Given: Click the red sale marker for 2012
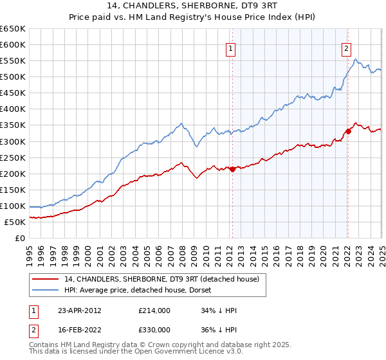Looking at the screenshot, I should point(232,169).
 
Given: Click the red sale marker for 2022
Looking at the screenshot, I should point(348,131).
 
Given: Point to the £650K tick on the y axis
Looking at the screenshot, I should point(13,29).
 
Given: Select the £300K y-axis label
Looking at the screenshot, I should point(13,141).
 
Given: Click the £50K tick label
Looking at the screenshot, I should point(15,222).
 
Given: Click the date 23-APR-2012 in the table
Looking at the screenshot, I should point(80,310).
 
